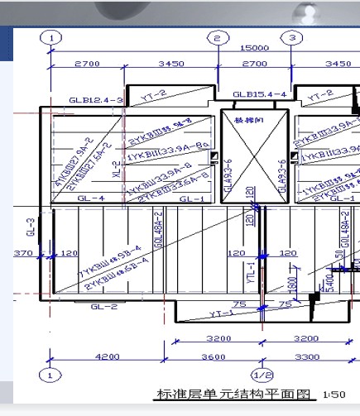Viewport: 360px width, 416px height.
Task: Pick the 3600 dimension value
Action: click(x=214, y=356)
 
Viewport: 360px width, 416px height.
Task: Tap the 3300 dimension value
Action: click(x=307, y=356)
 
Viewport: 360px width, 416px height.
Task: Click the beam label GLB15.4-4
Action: click(x=260, y=94)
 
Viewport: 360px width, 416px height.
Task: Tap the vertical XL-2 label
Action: click(x=118, y=170)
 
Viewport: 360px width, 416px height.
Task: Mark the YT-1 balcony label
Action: click(x=221, y=313)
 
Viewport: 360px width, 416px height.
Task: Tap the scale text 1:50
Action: click(x=334, y=394)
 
